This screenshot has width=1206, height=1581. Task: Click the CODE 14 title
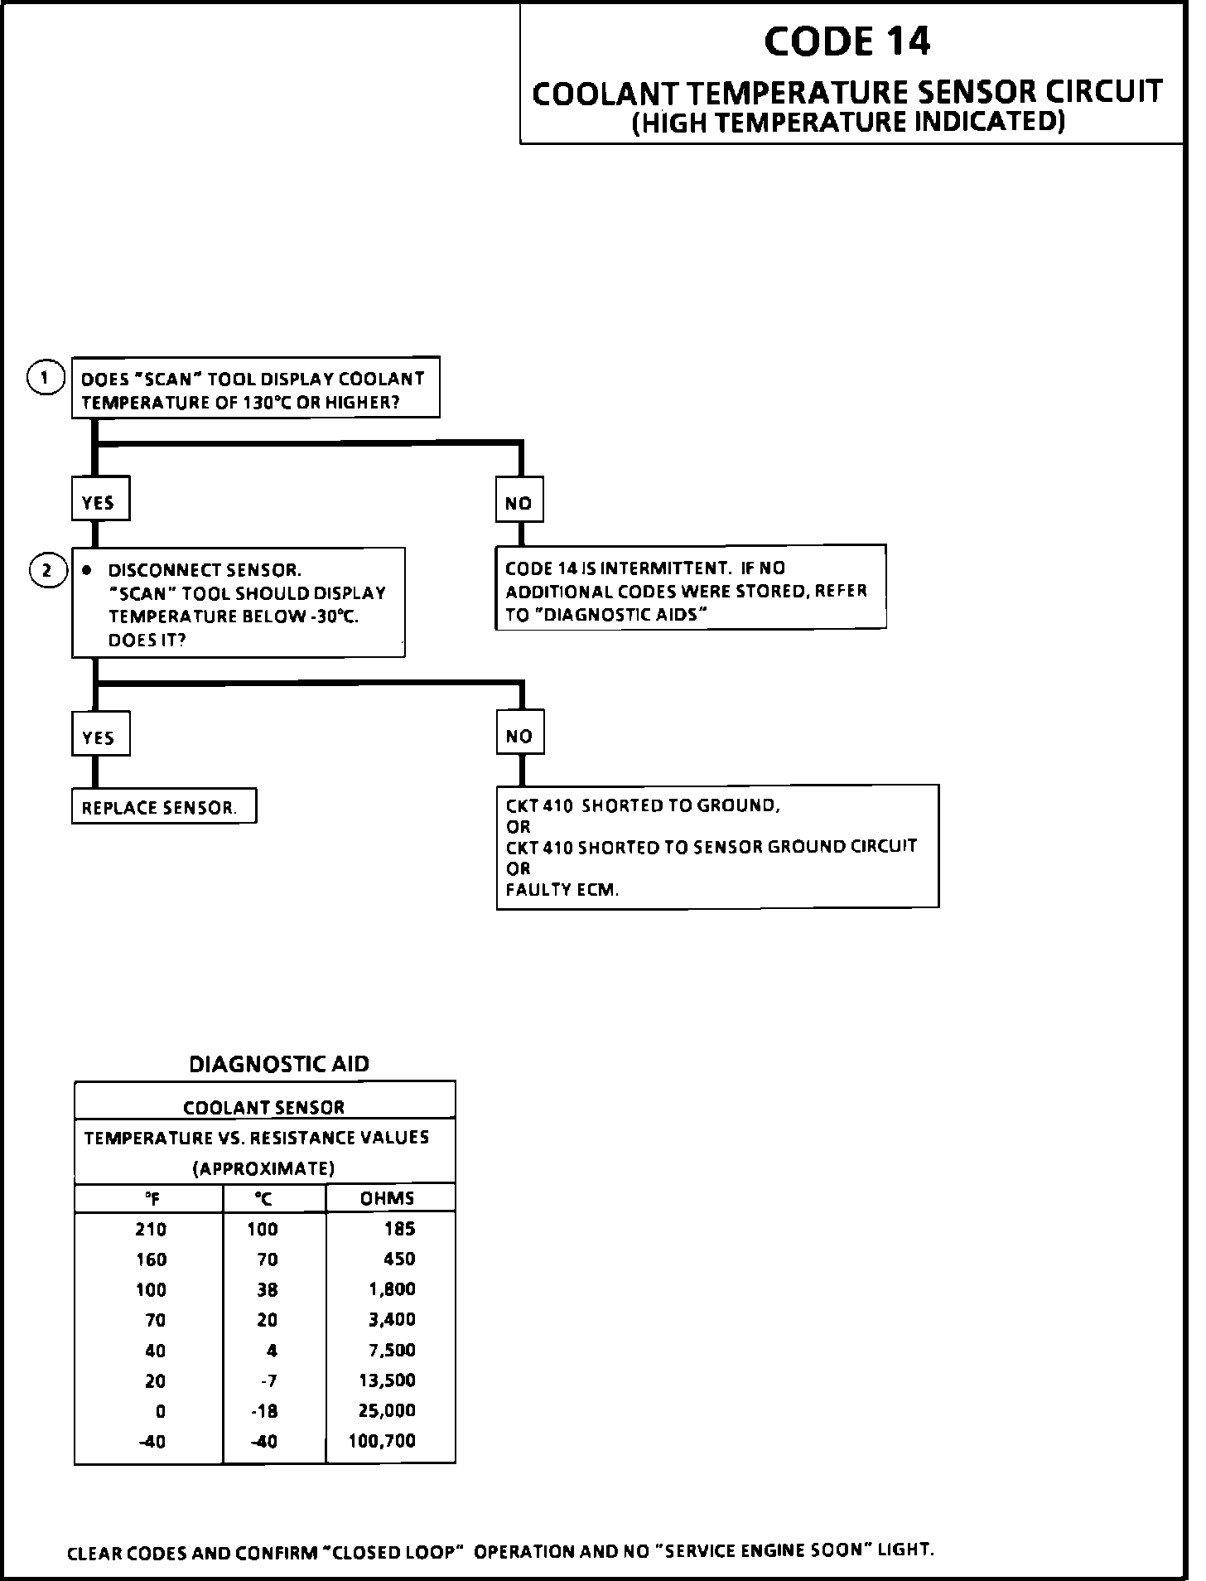pos(847,41)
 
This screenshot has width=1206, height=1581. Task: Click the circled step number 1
pos(46,379)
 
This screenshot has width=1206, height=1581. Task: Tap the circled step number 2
pos(47,571)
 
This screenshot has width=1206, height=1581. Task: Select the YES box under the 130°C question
pos(99,500)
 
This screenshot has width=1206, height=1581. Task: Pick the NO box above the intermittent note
pos(519,500)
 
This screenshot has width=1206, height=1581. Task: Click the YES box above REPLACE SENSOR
pos(99,735)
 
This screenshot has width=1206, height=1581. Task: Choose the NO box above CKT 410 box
pos(519,733)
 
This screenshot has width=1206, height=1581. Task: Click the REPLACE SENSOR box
pos(163,807)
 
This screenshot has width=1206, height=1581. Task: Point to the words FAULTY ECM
pos(562,891)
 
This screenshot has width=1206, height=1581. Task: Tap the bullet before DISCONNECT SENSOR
pos(87,571)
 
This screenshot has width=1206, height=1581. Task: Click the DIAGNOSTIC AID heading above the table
pos(279,1064)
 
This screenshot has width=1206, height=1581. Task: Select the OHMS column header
pos(388,1198)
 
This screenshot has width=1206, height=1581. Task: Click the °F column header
pos(152,1199)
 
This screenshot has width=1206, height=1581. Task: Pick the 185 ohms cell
pos(399,1229)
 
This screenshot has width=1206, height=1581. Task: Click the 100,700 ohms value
pos(382,1441)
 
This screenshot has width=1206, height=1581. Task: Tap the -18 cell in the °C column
pos(265,1411)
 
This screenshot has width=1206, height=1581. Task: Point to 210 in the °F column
pos(151,1230)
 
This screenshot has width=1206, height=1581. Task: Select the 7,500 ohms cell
pos(392,1350)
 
